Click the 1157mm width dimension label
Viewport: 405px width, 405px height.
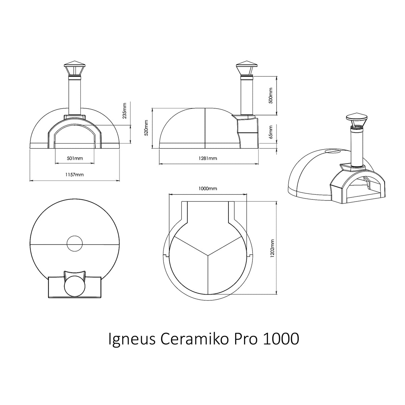click(x=75, y=175)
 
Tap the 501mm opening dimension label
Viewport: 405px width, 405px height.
click(x=75, y=158)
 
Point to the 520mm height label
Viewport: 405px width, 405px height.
click(x=146, y=128)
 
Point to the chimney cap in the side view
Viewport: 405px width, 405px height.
click(x=246, y=65)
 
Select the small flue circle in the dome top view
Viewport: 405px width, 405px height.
click(x=75, y=243)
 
